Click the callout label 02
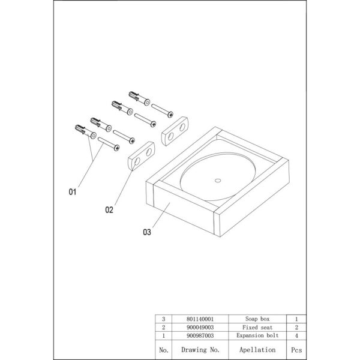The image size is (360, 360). [109, 210]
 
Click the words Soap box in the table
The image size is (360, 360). [257, 320]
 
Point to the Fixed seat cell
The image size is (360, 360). [257, 328]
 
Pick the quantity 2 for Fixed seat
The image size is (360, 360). [296, 328]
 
